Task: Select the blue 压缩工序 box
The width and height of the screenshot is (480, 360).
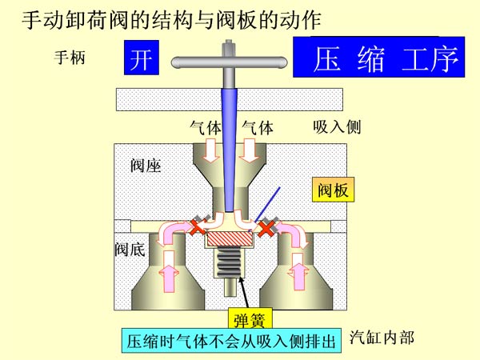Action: click(x=378, y=58)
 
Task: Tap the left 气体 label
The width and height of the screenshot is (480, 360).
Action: click(x=206, y=127)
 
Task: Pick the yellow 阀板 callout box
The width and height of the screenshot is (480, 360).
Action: click(x=332, y=190)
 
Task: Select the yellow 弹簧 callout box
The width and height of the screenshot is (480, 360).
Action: click(x=249, y=319)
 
